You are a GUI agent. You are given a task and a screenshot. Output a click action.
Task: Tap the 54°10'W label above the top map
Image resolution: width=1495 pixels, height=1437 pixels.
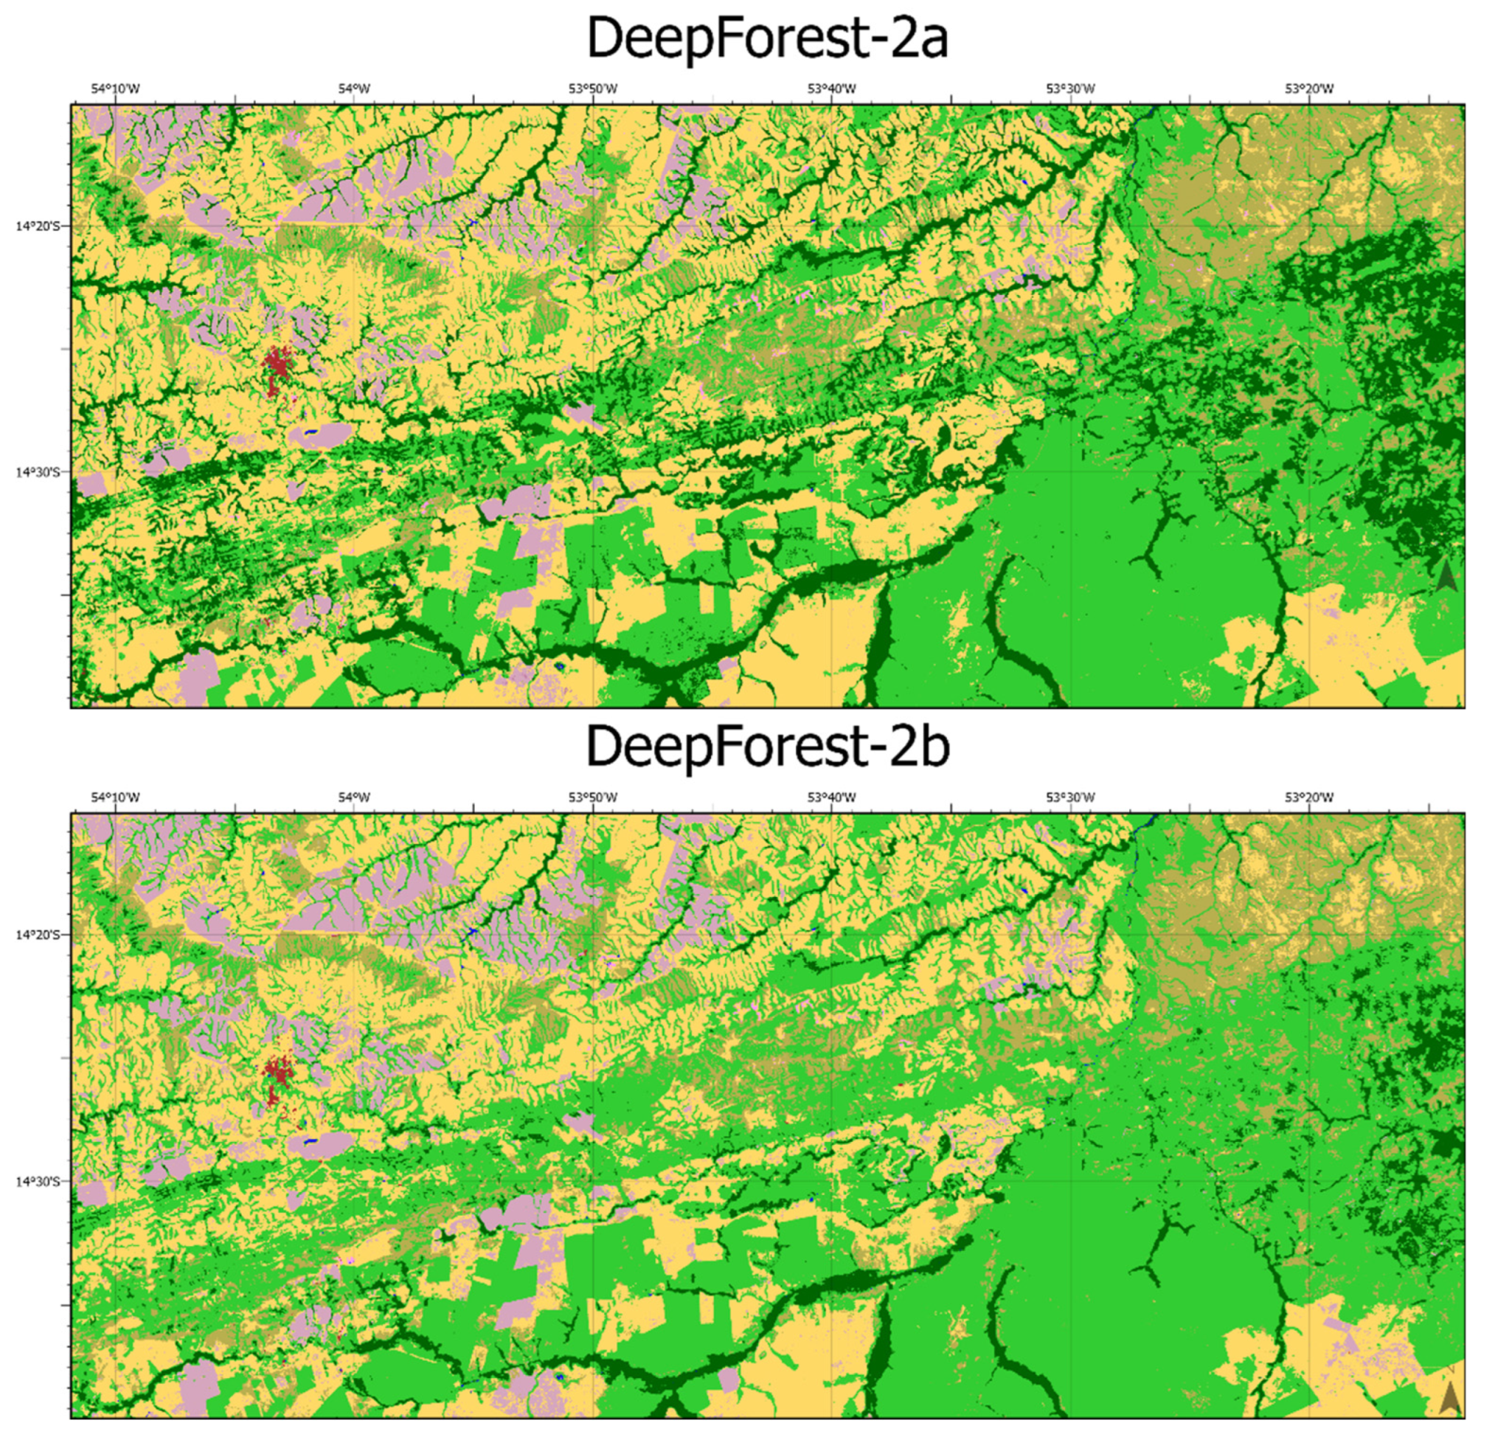tap(115, 89)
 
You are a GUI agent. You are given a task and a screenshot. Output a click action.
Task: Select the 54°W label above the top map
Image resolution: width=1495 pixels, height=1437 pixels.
tap(354, 89)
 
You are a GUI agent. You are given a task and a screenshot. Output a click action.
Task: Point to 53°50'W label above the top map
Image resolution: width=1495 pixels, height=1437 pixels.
tap(593, 89)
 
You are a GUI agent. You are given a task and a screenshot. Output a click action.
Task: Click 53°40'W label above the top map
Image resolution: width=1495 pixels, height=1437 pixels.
tap(831, 89)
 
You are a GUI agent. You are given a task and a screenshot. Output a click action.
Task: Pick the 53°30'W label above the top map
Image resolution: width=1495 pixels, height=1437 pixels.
tap(1070, 89)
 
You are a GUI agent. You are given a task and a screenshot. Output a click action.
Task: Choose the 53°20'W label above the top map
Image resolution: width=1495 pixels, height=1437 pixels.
tap(1309, 89)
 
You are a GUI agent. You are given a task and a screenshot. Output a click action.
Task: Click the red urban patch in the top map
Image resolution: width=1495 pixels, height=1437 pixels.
tap(276, 366)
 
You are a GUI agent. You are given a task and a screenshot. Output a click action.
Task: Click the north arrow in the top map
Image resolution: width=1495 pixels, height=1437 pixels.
tap(1446, 576)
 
